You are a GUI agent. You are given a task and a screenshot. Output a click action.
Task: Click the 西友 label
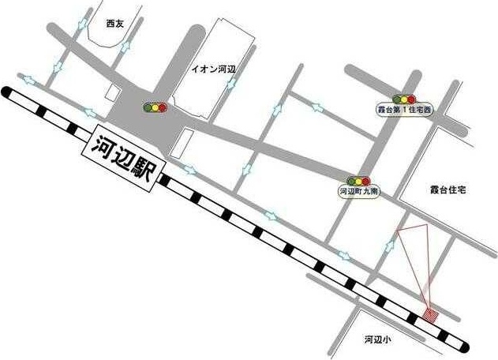click(x=114, y=24)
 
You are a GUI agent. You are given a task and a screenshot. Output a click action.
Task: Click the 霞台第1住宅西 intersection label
click(x=405, y=111)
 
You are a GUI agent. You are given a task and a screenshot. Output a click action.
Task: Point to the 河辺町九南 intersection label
click(x=360, y=191)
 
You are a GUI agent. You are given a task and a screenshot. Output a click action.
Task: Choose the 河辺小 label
click(x=377, y=339)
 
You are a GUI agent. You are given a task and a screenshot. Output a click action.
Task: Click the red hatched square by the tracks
click(x=430, y=316)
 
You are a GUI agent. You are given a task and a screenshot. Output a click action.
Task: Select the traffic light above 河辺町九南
click(x=360, y=180)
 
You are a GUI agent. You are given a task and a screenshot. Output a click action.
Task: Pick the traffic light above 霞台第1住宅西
click(x=405, y=99)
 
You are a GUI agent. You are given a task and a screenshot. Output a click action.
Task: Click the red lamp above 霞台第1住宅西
click(x=412, y=99)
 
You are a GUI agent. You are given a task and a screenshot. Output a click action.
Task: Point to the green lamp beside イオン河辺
click(x=148, y=107)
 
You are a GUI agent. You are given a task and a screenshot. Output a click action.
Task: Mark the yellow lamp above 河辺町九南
click(x=360, y=180)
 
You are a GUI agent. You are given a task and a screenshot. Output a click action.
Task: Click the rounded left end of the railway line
click(x=7, y=92)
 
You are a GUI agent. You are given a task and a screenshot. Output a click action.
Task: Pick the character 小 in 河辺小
click(x=388, y=339)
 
